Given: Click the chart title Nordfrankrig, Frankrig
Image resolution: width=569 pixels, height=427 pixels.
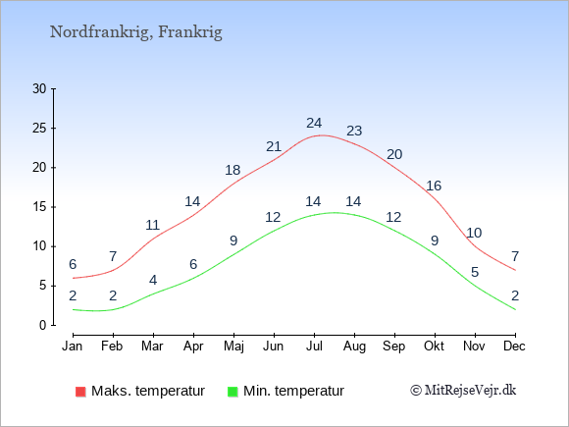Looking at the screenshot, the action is point(136,32).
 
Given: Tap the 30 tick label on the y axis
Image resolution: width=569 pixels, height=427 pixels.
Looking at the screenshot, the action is point(39,88).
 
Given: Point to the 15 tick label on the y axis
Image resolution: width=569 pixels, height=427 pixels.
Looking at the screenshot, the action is point(39,207).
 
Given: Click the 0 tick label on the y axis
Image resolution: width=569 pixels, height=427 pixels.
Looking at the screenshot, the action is point(43,325).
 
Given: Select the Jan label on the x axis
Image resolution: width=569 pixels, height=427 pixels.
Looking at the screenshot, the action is point(73,347).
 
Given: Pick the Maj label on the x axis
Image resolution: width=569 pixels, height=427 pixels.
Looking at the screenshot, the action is point(233,347).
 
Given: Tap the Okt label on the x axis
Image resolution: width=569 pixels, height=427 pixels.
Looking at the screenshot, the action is point(434,347).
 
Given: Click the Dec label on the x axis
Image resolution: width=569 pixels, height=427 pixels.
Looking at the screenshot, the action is point(514,347).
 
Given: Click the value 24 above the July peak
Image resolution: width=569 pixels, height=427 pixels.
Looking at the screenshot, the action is point(314,124).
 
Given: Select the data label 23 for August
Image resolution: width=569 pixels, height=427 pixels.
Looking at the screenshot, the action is point(354,131).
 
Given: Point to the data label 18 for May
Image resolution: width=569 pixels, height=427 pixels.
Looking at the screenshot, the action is point(233,170).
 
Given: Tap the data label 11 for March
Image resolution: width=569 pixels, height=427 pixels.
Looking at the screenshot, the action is point(153,225).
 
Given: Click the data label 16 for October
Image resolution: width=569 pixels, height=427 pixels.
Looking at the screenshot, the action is point(434,186).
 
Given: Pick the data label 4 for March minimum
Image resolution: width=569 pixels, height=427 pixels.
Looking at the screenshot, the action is point(153,280).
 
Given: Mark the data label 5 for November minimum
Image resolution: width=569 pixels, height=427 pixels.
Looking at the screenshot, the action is point(475,272).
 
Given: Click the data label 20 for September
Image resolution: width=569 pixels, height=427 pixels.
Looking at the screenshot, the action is point(394,155).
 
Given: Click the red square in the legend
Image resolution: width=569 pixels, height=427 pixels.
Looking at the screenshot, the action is point(80,392).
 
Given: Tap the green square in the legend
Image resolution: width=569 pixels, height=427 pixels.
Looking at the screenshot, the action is point(233,392).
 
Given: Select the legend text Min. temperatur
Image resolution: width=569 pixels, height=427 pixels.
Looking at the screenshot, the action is point(293,391).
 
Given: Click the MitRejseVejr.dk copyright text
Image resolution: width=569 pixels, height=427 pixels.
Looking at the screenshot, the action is point(463,391).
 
